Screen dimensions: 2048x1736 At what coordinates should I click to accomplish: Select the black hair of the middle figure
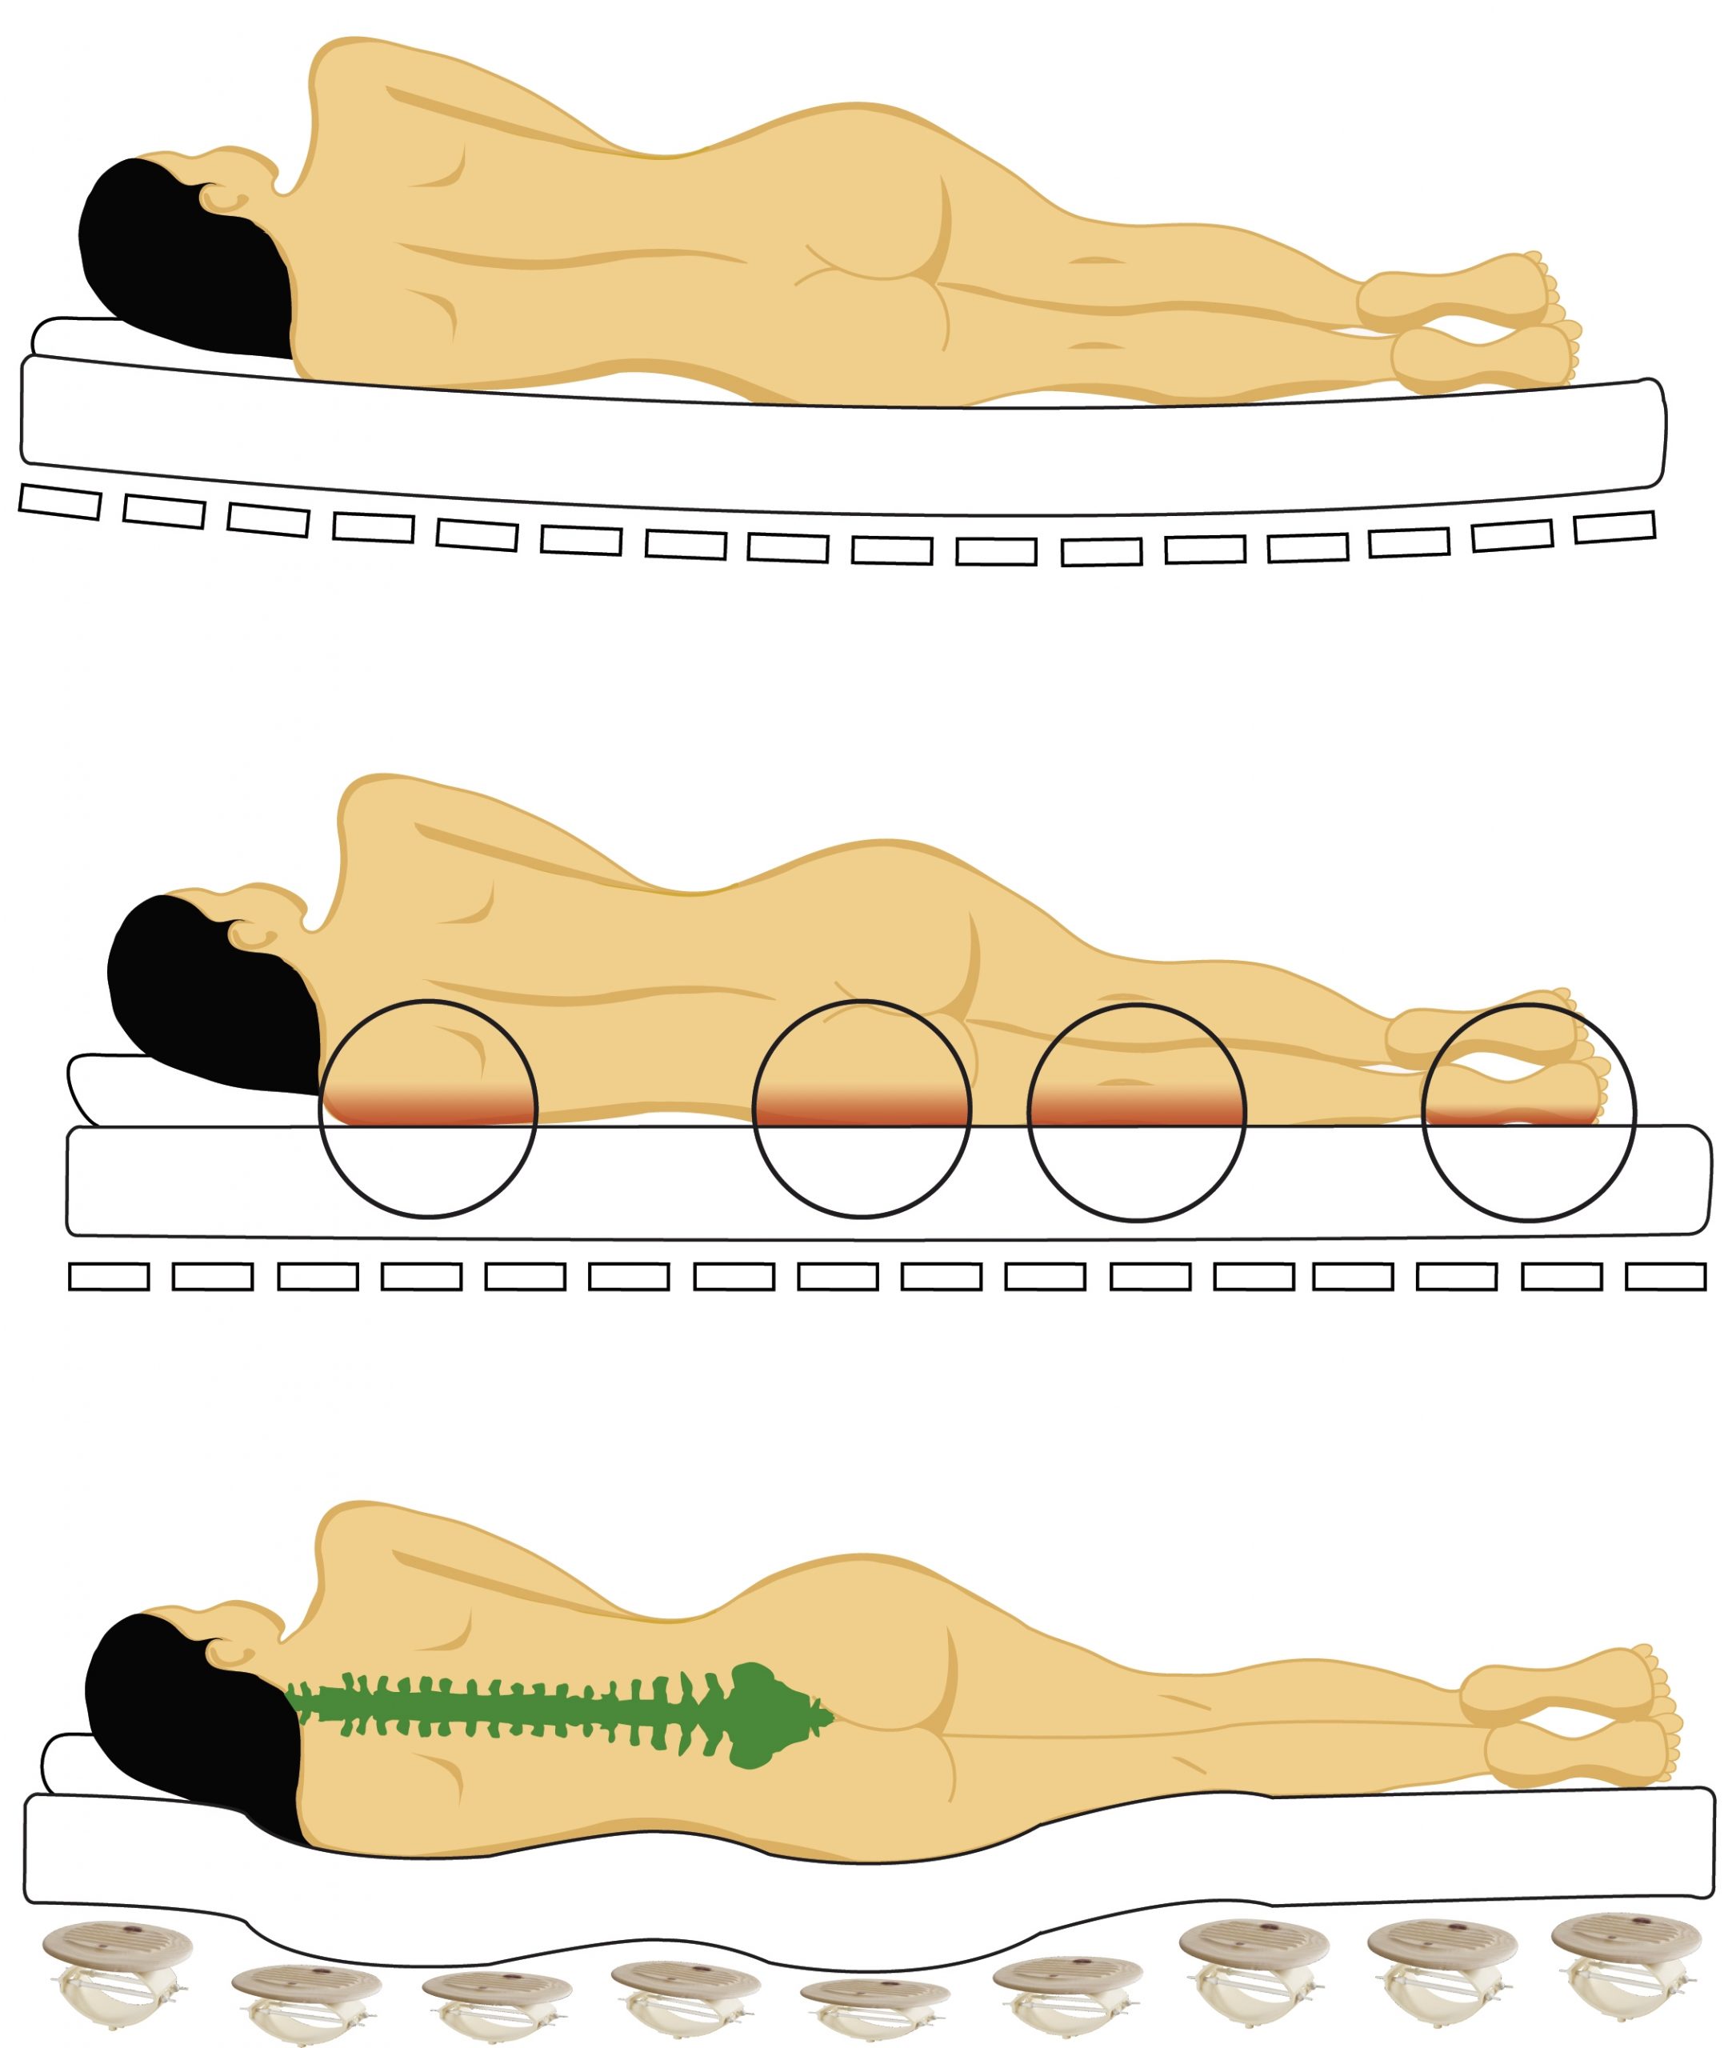tap(206, 994)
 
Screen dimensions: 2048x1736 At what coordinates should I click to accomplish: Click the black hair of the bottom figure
tap(187, 1732)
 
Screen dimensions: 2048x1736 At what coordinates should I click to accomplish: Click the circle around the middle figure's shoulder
tap(428, 1108)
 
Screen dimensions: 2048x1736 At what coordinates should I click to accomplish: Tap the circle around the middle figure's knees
tap(1137, 1112)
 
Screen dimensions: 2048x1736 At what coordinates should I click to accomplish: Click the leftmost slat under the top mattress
tap(60, 502)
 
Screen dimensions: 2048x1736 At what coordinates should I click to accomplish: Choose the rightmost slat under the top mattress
tap(1614, 526)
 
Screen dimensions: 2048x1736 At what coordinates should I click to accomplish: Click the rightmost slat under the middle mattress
tap(1665, 1277)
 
